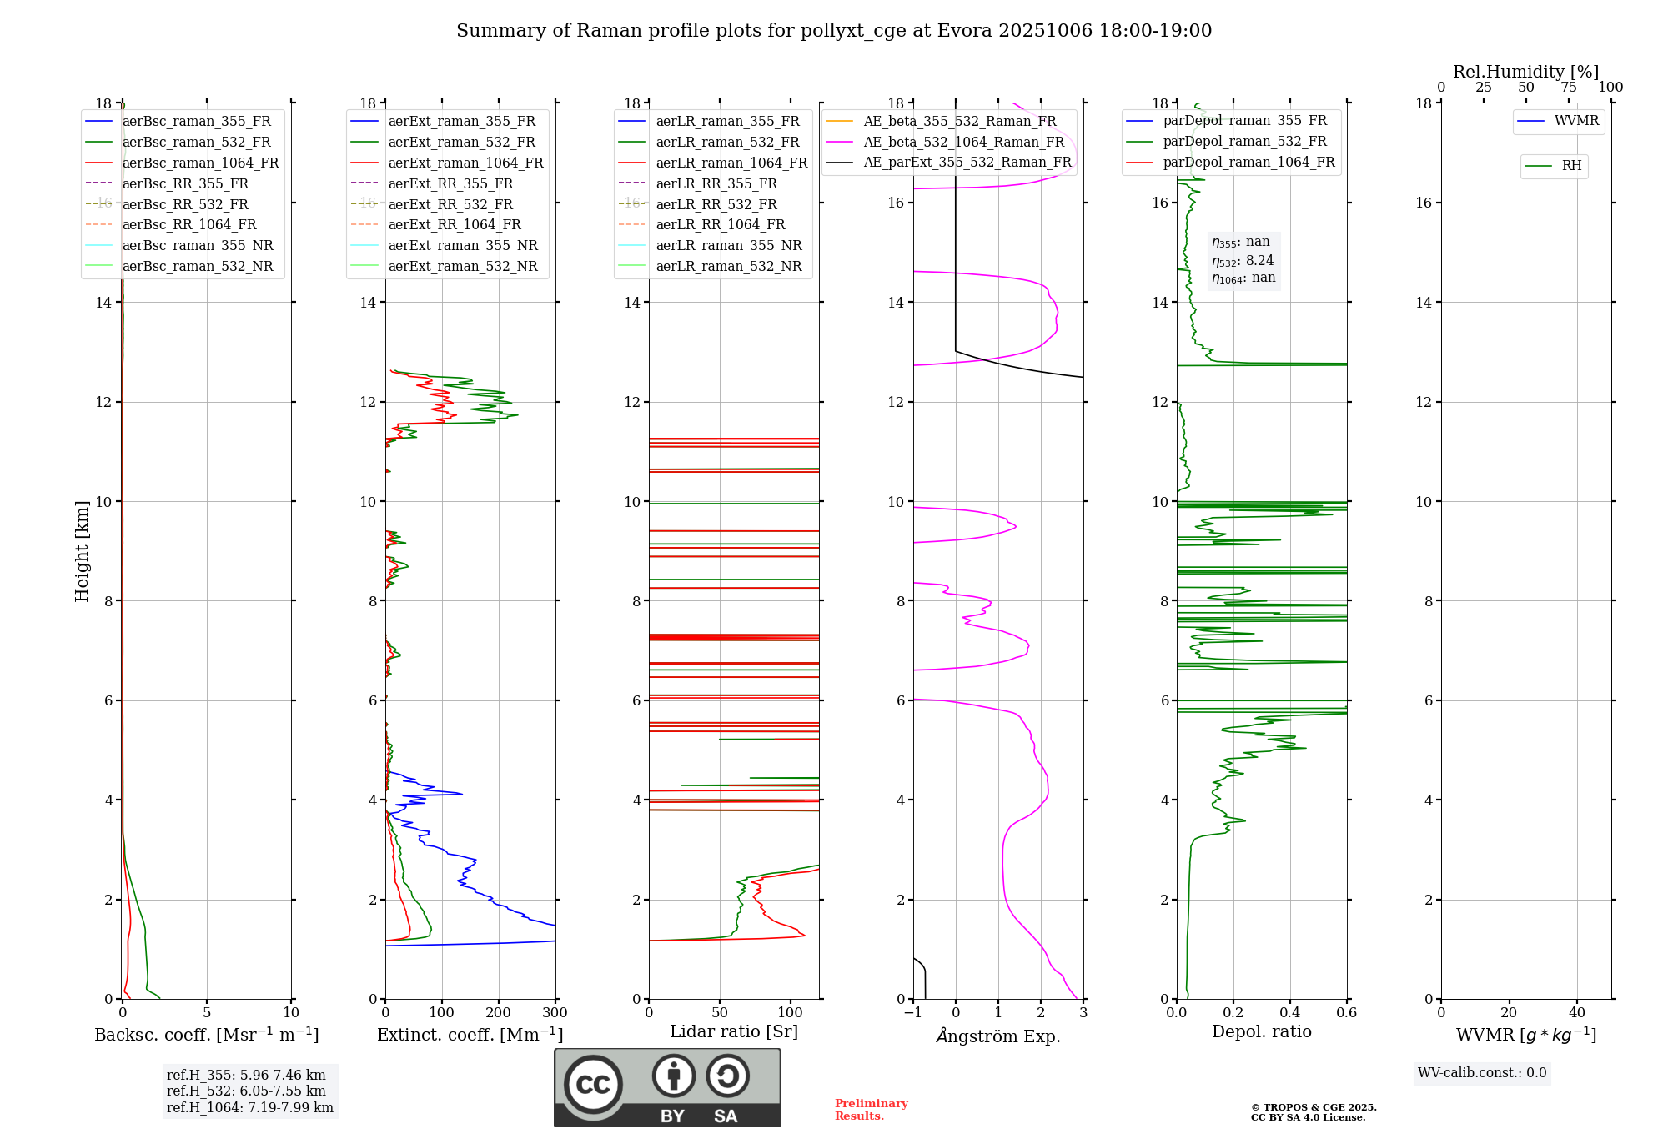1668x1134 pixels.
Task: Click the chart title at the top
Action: (833, 31)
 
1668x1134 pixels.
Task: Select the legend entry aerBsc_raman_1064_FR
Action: (200, 163)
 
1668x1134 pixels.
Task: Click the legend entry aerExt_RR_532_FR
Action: (450, 204)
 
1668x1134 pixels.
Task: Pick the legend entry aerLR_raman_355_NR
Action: (728, 245)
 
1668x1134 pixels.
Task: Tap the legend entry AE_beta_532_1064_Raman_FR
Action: (963, 142)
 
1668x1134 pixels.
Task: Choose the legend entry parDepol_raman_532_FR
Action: (1244, 142)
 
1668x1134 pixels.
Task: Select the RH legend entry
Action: (1571, 166)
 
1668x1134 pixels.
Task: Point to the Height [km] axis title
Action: (82, 550)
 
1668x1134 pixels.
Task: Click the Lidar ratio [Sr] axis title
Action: (734, 1031)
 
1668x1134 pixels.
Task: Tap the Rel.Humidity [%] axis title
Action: (1525, 72)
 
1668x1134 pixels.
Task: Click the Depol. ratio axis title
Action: (1261, 1031)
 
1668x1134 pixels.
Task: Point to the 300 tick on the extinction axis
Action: (555, 1013)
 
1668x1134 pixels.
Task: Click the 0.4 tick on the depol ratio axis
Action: (1290, 1013)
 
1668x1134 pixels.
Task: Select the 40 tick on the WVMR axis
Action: (1576, 1013)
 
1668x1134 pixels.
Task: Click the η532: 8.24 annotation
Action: (1243, 261)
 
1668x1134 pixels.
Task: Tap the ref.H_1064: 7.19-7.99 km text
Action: (249, 1107)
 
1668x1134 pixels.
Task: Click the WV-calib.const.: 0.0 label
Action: (1482, 1073)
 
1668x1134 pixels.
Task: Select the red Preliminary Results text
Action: (871, 1110)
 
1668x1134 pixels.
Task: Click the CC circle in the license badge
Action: (593, 1085)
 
